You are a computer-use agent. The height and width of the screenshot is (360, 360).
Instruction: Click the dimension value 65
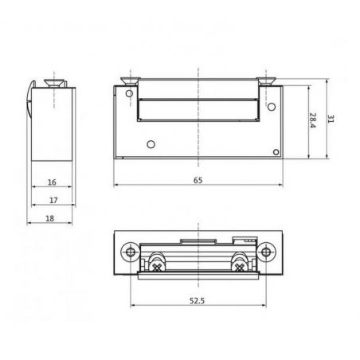coord(198,181)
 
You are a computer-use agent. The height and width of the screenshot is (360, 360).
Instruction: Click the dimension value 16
coord(51,182)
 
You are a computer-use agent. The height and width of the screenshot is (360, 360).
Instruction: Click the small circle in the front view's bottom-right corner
coord(276,152)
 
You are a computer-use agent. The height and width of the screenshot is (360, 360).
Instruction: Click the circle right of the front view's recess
coord(271,106)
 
